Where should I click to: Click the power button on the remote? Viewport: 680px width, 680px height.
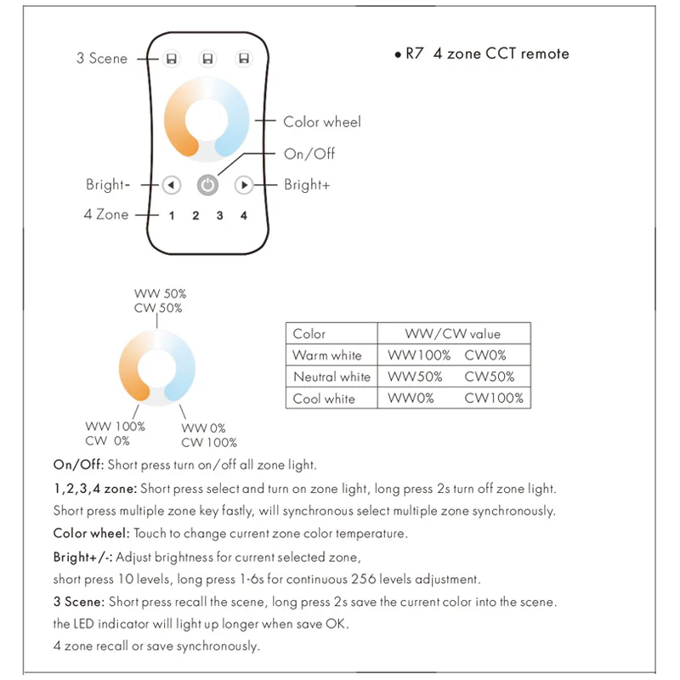coord(207,184)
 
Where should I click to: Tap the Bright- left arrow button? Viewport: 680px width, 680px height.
coord(171,184)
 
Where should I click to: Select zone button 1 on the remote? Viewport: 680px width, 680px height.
coord(172,216)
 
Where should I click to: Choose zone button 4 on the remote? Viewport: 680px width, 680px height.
coord(244,216)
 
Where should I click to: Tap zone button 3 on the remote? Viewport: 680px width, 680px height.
coord(219,216)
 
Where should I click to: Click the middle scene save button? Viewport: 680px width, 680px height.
coord(207,59)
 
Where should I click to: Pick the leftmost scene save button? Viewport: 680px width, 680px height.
coord(171,59)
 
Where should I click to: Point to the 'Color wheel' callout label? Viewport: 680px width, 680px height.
coord(322,122)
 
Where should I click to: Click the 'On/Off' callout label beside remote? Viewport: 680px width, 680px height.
coord(309,154)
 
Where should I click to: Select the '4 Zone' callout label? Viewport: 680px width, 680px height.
coord(106,214)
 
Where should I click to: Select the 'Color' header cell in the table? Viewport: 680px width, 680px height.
coord(309,334)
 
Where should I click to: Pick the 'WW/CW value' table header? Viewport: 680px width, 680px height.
coord(456,334)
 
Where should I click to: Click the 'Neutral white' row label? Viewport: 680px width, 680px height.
coord(331,377)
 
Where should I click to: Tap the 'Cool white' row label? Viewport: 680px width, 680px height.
coord(324,398)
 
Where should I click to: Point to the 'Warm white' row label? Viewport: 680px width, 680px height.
coord(327,355)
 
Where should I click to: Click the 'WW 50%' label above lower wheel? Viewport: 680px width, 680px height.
coord(160,294)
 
